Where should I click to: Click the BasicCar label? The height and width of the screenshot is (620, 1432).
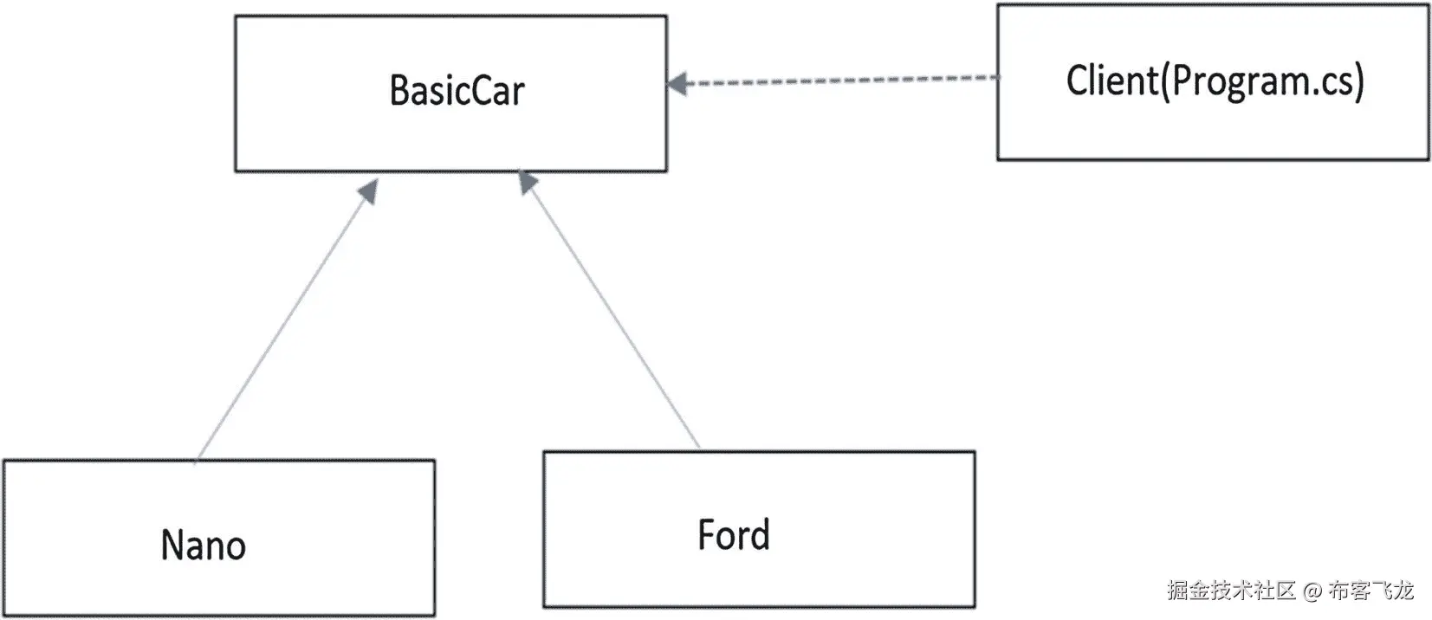pyautogui.click(x=457, y=91)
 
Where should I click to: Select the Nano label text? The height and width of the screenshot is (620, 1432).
pyautogui.click(x=204, y=546)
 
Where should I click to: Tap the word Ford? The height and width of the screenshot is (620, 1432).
pyautogui.click(x=733, y=535)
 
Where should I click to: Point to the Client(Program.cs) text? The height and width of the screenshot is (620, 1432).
pyautogui.click(x=1215, y=81)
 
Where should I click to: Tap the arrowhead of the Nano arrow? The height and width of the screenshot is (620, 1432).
pyautogui.click(x=370, y=191)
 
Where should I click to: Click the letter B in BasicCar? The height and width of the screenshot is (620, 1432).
pyautogui.click(x=399, y=91)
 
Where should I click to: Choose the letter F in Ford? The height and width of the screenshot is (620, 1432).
pyautogui.click(x=706, y=535)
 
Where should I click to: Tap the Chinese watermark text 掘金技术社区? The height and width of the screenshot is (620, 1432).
pyautogui.click(x=1230, y=591)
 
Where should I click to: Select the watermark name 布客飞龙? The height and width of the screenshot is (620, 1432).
pyautogui.click(x=1370, y=591)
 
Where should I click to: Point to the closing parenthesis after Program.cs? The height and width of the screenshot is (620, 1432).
pyautogui.click(x=1359, y=81)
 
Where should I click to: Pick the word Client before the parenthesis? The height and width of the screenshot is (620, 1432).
pyautogui.click(x=1111, y=81)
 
